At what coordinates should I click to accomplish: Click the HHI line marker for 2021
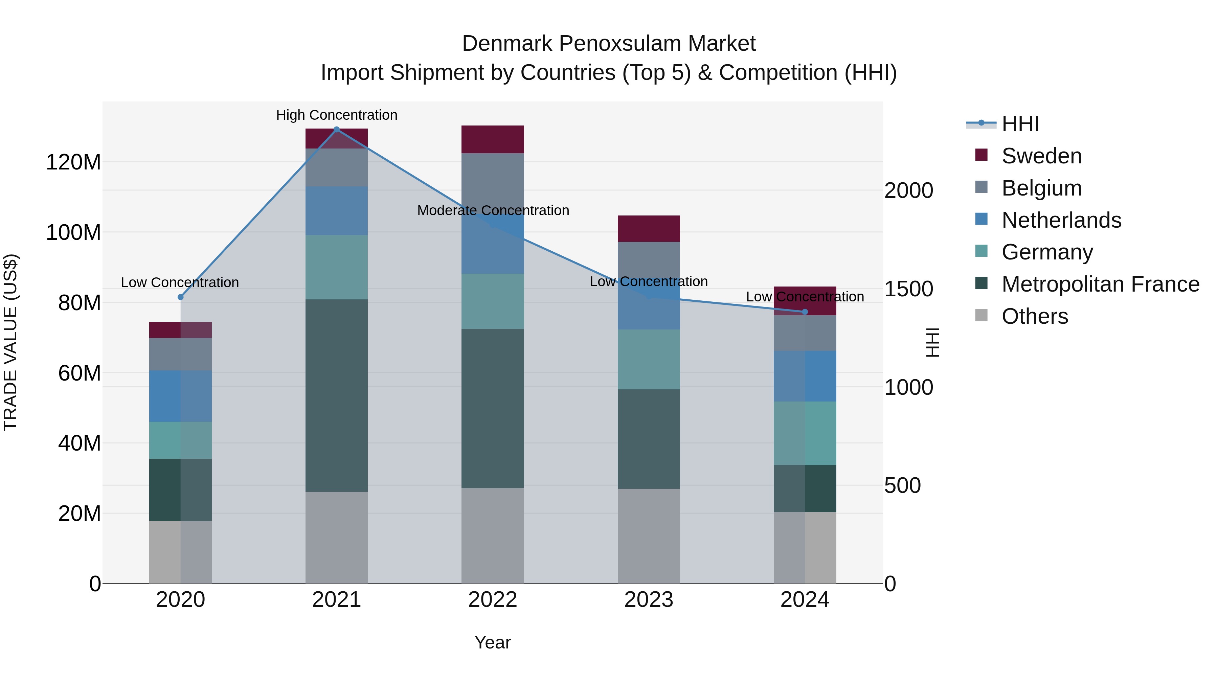pos(337,129)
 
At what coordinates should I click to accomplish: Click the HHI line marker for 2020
pos(181,297)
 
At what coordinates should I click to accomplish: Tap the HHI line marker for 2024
pos(805,312)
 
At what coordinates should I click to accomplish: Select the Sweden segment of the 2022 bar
pos(493,139)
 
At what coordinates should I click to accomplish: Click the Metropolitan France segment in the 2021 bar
pos(337,395)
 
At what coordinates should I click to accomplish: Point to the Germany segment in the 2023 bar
pos(649,359)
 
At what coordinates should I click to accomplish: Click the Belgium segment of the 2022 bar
pos(493,180)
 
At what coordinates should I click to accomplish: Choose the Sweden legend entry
pos(1041,156)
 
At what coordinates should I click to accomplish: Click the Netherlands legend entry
pos(1061,220)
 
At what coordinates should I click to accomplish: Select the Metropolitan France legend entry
pos(1100,284)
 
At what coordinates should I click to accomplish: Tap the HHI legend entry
pos(1020,124)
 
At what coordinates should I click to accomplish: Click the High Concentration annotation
pos(337,115)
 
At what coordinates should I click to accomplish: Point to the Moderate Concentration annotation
pos(493,210)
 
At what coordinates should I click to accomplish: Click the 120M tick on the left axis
pos(73,162)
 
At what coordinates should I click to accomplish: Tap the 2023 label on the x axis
pos(649,599)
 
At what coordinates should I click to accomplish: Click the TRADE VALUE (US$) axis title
pos(10,342)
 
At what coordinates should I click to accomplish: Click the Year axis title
pos(493,642)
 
